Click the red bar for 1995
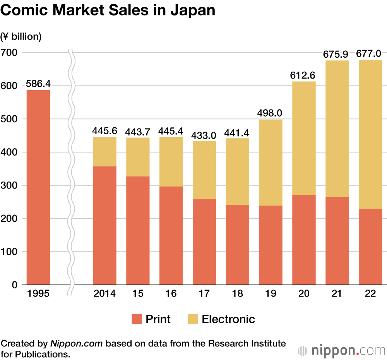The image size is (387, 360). pyautogui.click(x=38, y=187)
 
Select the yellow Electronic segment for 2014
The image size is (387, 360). pyautogui.click(x=104, y=151)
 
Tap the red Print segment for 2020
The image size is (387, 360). pyautogui.click(x=304, y=240)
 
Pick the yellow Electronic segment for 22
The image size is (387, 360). pyautogui.click(x=370, y=134)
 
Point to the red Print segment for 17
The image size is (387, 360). pyautogui.click(x=204, y=242)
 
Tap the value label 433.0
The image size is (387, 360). pyautogui.click(x=204, y=135)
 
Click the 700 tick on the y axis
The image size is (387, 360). pyautogui.click(x=9, y=52)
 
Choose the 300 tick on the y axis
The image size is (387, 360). pyautogui.click(x=9, y=185)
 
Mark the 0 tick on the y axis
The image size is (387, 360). pyautogui.click(x=15, y=285)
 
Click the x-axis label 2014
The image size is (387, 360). pyautogui.click(x=104, y=294)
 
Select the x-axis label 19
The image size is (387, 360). pyautogui.click(x=271, y=294)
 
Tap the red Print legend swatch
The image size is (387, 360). pyautogui.click(x=137, y=319)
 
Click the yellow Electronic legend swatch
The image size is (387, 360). pyautogui.click(x=193, y=319)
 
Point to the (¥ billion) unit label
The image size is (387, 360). pyautogui.click(x=21, y=36)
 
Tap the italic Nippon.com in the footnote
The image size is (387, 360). pyautogui.click(x=77, y=343)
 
